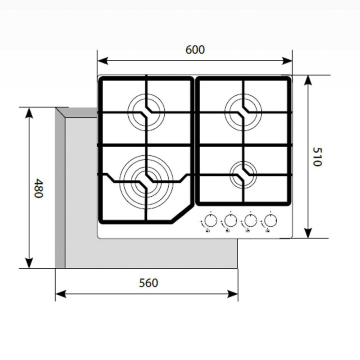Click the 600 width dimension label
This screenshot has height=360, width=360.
pyautogui.click(x=195, y=49)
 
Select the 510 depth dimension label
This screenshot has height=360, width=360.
pyautogui.click(x=317, y=157)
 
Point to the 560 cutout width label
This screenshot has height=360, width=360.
pyautogui.click(x=148, y=283)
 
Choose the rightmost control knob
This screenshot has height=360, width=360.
pyautogui.click(x=270, y=221)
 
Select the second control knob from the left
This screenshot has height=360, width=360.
pyautogui.click(x=229, y=221)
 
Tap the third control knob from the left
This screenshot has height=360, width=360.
pyautogui.click(x=250, y=221)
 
